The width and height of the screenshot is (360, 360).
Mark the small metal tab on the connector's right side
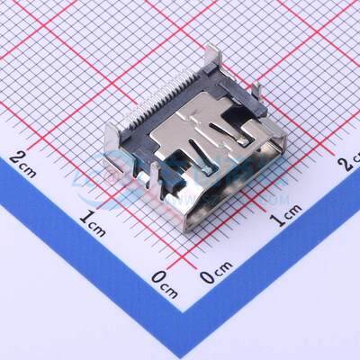pos(259,90)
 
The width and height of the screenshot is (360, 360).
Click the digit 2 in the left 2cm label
pos(16,160)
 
